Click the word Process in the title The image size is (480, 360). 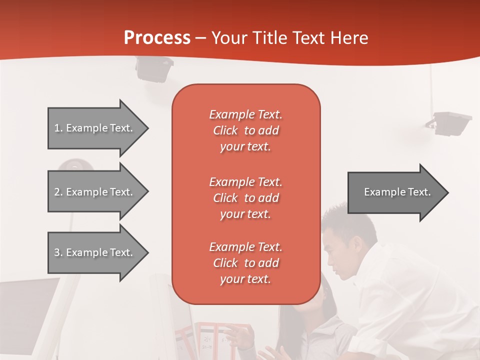[157, 38]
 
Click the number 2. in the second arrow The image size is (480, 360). [58, 192]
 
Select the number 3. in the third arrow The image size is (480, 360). [58, 252]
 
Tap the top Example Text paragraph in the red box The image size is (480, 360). [245, 130]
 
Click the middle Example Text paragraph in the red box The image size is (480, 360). [245, 197]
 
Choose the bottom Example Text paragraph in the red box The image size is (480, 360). [245, 263]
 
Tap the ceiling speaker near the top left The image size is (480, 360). [154, 69]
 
